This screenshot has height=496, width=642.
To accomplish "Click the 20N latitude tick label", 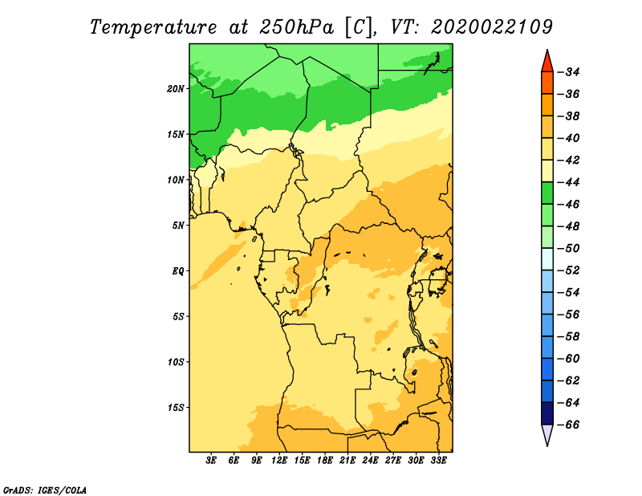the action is click(176, 89).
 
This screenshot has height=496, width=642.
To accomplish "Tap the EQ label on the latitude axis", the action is click(178, 271).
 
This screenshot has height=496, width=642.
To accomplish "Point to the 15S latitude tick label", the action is click(176, 408).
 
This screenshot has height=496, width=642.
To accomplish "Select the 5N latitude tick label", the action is click(178, 226).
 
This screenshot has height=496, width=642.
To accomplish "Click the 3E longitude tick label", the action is click(211, 460).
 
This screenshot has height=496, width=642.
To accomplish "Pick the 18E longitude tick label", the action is click(325, 460).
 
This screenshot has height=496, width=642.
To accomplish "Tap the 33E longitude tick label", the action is click(438, 460).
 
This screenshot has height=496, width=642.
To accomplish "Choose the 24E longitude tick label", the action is click(370, 460).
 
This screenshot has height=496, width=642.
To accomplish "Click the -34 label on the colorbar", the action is click(569, 72).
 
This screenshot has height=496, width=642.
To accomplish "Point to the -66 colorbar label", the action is click(569, 425).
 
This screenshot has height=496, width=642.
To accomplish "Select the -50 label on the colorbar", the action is click(569, 248).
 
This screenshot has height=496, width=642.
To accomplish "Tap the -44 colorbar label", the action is click(569, 182).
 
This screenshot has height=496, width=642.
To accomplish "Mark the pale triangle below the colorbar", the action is click(547, 433).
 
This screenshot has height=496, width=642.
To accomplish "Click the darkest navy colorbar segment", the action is click(547, 413).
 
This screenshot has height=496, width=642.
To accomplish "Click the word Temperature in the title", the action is click(153, 28).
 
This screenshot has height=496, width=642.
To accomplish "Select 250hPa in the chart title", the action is click(297, 27).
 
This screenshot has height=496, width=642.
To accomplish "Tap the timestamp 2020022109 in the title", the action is click(492, 27).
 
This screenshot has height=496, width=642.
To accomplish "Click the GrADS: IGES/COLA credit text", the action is click(45, 490).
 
